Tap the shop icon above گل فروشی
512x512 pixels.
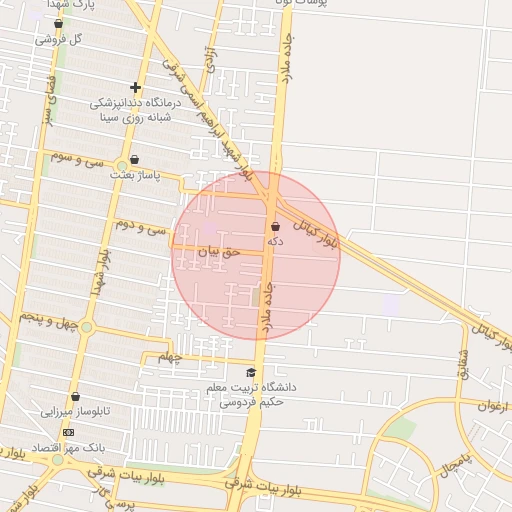(58, 23)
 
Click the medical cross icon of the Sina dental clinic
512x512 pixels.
(136, 87)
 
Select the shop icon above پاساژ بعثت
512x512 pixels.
(135, 159)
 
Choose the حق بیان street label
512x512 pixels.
(219, 253)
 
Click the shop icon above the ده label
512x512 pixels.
(275, 227)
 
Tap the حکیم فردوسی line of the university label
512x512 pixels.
(252, 403)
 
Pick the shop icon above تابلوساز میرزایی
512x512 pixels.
(75, 396)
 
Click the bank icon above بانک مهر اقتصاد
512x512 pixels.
(68, 432)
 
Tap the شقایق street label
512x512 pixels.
(462, 364)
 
